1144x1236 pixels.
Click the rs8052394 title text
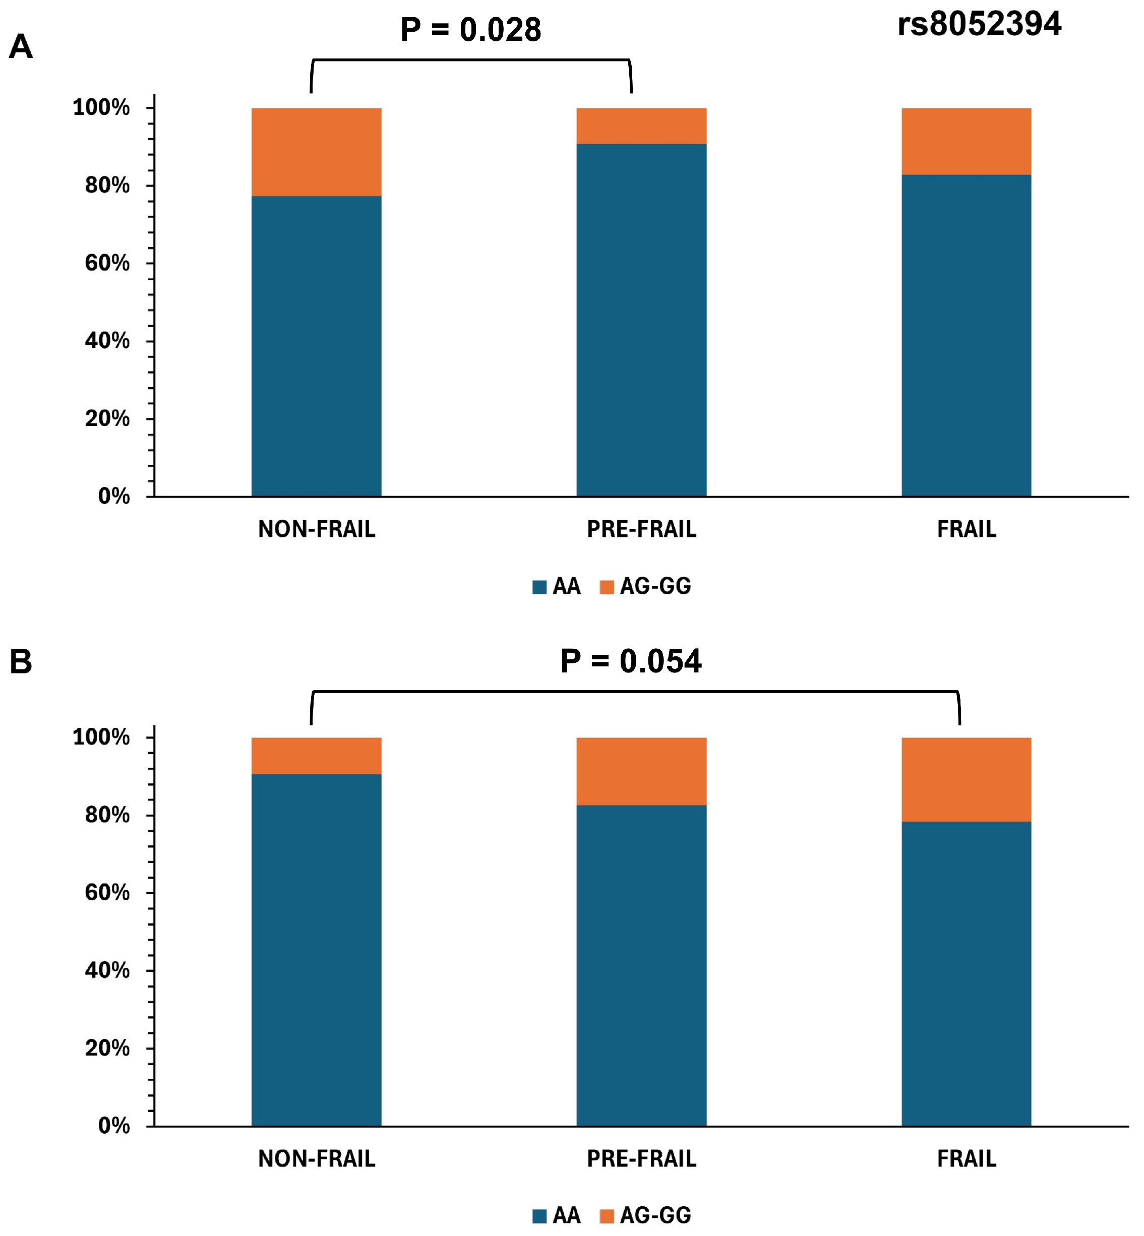979,25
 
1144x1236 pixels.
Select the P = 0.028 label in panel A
470,30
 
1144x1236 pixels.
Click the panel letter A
21,47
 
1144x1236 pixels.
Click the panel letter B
21,662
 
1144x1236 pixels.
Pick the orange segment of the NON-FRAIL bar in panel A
316,152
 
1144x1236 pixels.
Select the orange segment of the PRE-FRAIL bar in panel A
641,126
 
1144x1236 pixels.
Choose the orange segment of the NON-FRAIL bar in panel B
316,755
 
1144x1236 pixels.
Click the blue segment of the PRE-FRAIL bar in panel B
641,965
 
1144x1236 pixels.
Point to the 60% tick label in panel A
107,263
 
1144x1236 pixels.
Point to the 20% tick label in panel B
107,1048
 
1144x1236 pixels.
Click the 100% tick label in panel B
101,736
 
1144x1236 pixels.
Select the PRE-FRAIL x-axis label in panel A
641,529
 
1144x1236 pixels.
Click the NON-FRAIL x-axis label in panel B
316,1159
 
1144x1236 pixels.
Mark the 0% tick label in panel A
114,497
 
